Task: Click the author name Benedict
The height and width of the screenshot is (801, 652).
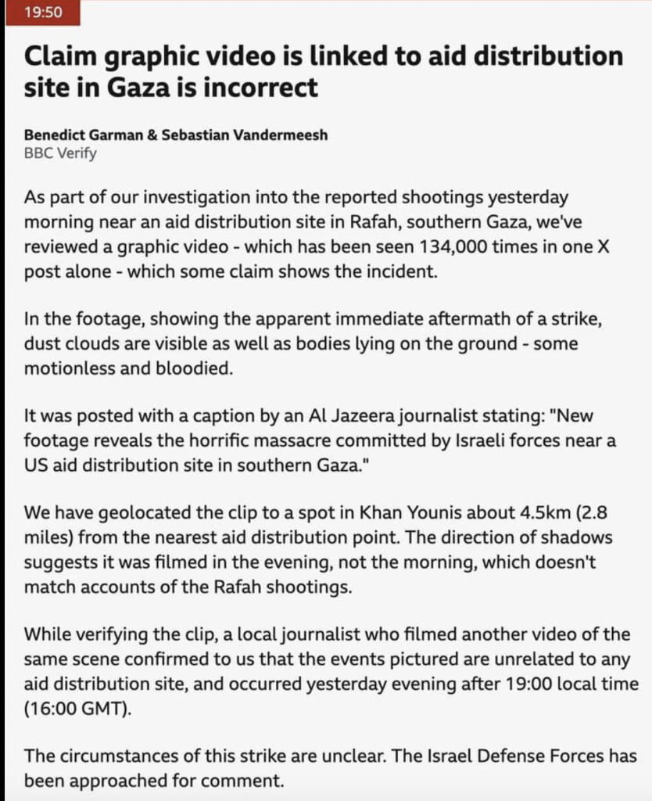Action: [56, 135]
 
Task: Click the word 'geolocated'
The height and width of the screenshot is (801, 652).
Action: [134, 513]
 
